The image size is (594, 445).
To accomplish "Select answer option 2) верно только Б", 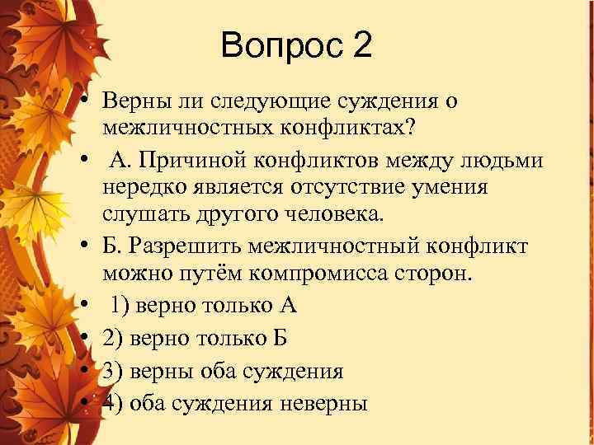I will pyautogui.click(x=194, y=338).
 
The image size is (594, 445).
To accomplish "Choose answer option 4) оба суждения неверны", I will pyautogui.click(x=235, y=403).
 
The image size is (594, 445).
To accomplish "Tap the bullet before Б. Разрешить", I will pyautogui.click(x=85, y=246).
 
